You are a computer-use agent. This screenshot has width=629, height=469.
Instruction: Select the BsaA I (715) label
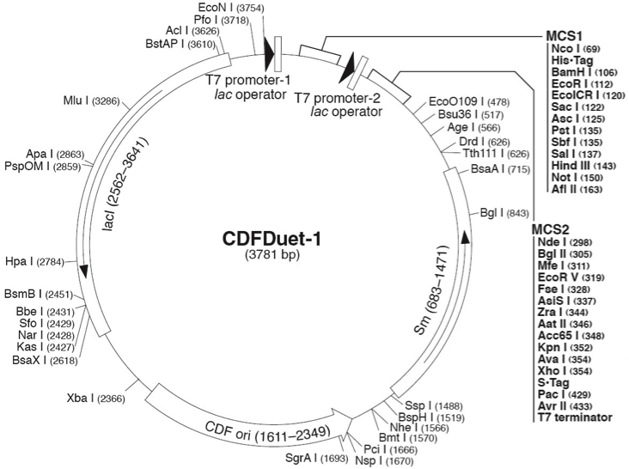pyautogui.click(x=498, y=172)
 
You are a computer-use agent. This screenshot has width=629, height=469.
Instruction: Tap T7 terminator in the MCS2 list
pyautogui.click(x=577, y=417)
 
